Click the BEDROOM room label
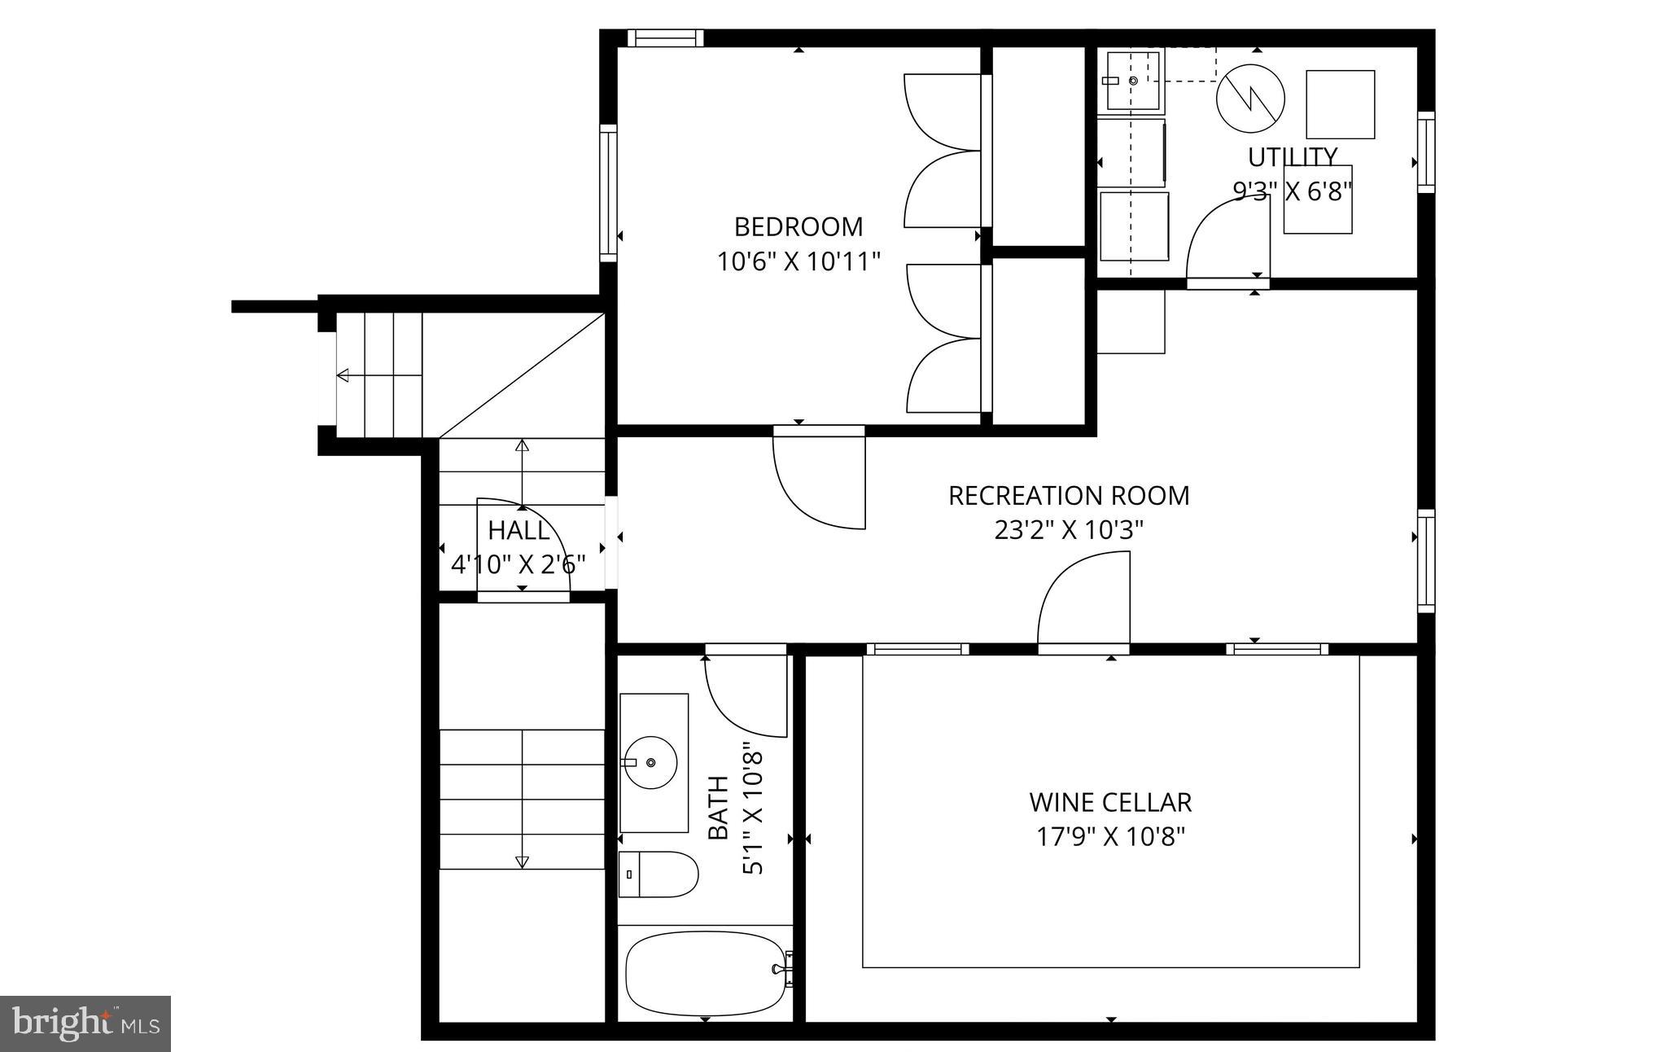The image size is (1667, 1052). (x=798, y=226)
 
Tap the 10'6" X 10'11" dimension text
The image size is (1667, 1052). (x=798, y=261)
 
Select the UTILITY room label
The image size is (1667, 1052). (x=1292, y=156)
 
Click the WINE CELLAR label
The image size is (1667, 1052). (x=1110, y=802)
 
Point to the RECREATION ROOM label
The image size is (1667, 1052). (x=1068, y=495)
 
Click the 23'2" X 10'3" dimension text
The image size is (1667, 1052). (x=1068, y=530)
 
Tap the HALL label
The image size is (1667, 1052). (x=518, y=531)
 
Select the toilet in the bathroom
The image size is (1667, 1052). (x=658, y=874)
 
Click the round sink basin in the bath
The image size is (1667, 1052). (x=650, y=762)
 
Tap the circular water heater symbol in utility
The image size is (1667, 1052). (x=1250, y=99)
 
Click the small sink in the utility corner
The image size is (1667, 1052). (x=1131, y=81)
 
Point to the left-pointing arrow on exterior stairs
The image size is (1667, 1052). (x=343, y=375)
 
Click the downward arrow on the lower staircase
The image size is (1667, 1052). (x=522, y=861)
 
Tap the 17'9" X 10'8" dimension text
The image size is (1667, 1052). (x=1110, y=837)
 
